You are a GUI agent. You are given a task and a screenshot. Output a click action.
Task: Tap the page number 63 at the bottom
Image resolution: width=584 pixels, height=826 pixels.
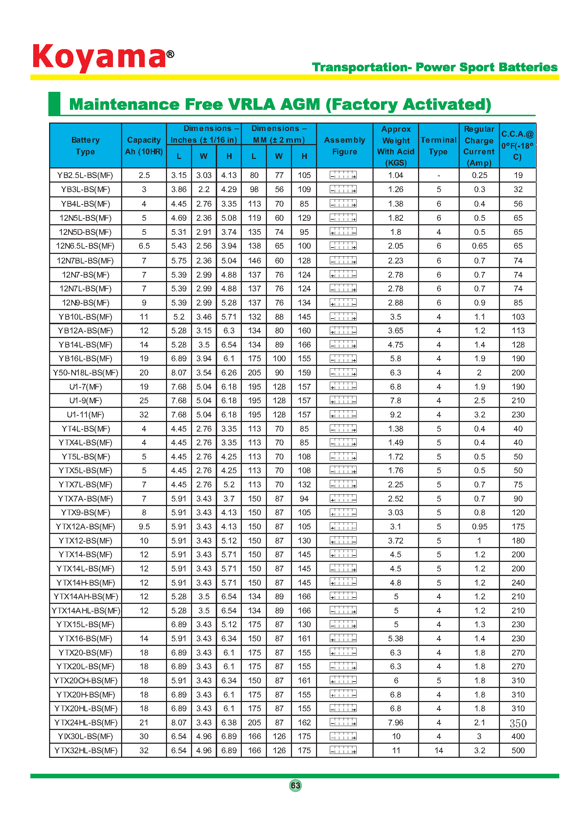(x=295, y=785)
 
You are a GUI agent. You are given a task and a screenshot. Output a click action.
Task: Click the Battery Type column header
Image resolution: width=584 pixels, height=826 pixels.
(x=85, y=146)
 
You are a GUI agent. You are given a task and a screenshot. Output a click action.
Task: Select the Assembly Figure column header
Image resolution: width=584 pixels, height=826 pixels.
(x=344, y=146)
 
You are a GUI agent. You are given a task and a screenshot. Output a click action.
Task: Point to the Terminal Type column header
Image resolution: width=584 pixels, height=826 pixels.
(x=439, y=146)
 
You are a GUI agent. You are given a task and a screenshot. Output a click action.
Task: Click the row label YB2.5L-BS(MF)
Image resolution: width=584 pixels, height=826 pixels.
(x=85, y=175)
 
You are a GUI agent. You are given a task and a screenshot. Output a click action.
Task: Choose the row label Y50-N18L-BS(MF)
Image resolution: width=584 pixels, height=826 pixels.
(x=85, y=373)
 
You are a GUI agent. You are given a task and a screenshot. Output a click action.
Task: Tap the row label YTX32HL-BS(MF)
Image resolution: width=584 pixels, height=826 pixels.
(x=85, y=750)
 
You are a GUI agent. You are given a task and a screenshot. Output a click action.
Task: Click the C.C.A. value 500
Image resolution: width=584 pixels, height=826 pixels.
(x=518, y=750)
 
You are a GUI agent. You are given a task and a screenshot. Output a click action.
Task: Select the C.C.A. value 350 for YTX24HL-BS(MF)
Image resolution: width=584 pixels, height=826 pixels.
(x=518, y=723)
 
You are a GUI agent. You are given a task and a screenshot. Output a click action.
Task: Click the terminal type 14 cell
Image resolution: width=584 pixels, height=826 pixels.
(x=439, y=750)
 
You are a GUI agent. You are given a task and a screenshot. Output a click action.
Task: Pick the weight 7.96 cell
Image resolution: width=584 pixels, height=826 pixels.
(x=395, y=723)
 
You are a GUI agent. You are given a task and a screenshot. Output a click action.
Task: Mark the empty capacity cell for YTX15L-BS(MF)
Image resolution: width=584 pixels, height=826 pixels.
(x=144, y=625)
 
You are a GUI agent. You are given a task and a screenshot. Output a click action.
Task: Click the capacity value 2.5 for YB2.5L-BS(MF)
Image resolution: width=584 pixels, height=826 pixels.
(x=144, y=175)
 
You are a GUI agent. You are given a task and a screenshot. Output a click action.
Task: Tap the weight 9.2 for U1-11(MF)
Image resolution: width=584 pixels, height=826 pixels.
(x=395, y=415)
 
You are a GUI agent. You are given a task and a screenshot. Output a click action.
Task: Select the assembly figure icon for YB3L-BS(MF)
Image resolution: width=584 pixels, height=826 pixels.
(x=343, y=190)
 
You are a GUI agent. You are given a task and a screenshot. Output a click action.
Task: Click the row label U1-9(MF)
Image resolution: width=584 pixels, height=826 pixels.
(x=85, y=401)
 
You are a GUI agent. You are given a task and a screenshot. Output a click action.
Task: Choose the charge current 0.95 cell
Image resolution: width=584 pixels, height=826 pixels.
(x=479, y=527)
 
